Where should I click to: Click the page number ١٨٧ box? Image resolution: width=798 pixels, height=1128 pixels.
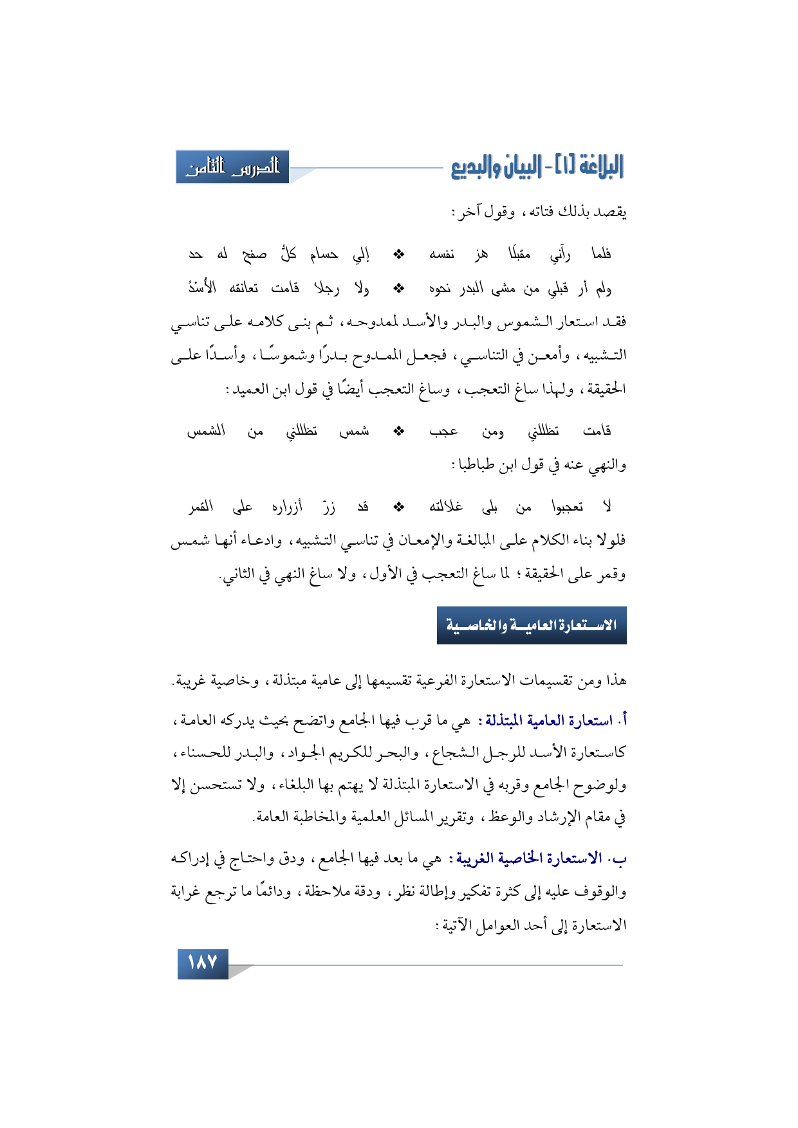tap(203, 963)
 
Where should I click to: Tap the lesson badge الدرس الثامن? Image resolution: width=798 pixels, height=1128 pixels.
tap(233, 167)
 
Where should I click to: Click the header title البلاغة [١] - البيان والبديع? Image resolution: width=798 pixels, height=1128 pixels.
tap(537, 167)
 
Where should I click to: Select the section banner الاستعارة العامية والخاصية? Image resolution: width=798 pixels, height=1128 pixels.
tap(532, 625)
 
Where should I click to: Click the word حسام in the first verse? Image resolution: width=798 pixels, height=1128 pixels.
tap(324, 255)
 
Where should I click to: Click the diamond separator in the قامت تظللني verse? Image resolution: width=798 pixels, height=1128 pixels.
tap(399, 431)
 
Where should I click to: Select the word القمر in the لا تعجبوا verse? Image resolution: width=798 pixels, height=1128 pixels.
tap(201, 507)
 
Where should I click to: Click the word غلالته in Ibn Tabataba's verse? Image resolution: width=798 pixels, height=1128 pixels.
tap(446, 507)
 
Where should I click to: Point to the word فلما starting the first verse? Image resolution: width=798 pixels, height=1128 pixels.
tap(601, 255)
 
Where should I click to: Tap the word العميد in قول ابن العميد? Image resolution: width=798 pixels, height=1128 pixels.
tap(250, 390)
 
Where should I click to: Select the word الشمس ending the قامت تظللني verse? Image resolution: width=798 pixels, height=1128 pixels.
tap(206, 431)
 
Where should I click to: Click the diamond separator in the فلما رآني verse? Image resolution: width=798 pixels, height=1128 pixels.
tap(399, 255)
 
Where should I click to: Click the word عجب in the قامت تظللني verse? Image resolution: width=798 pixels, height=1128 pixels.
tap(443, 431)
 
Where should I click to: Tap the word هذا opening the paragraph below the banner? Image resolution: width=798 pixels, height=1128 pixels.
tap(614, 680)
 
